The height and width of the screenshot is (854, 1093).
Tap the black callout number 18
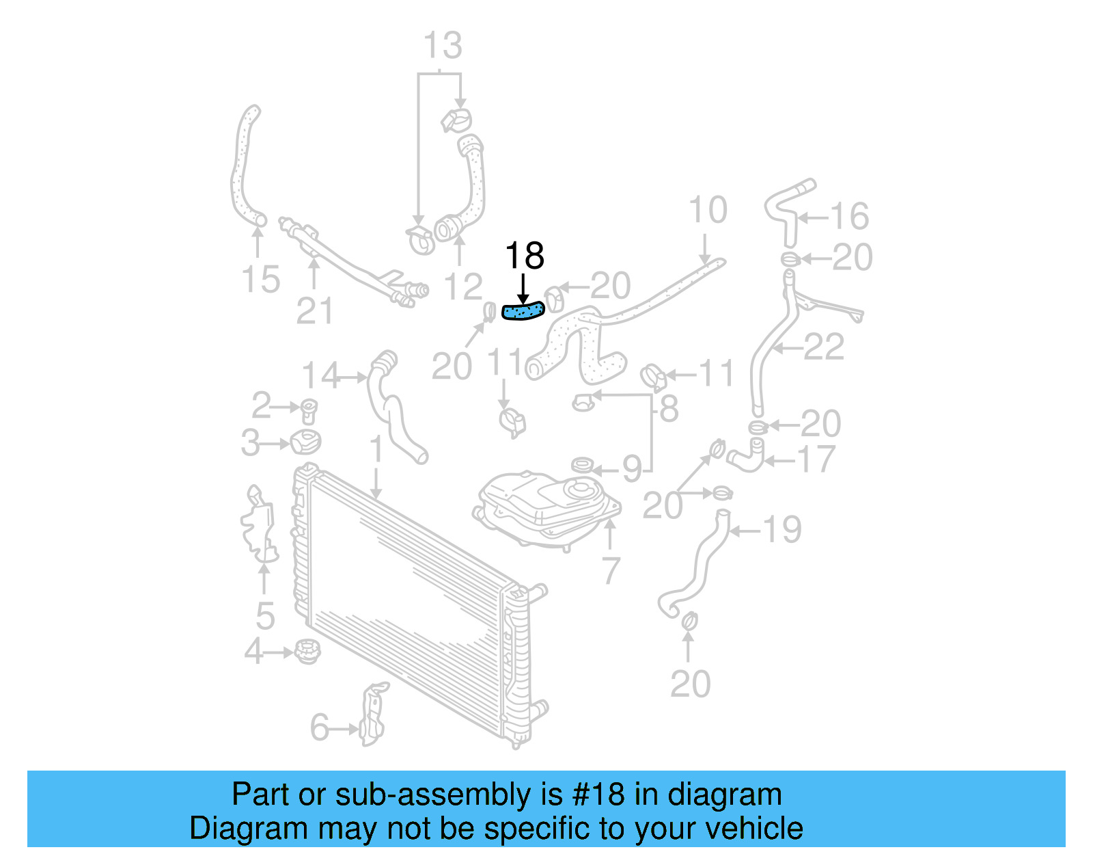(524, 256)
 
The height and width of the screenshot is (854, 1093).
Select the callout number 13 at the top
(442, 46)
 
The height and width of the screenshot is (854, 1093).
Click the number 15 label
(260, 280)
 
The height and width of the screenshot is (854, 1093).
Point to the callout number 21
(314, 311)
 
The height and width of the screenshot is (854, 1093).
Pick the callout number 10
(708, 210)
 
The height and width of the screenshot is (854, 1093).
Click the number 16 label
(849, 217)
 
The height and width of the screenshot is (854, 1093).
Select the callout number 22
(824, 347)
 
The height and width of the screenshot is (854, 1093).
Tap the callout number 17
(816, 459)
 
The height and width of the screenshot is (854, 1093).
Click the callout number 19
(781, 529)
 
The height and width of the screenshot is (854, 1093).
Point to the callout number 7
(610, 570)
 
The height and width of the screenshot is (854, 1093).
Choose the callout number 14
(320, 375)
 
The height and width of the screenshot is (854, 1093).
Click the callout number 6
(320, 728)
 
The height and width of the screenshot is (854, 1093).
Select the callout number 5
(265, 616)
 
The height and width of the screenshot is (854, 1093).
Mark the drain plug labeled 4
(307, 650)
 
